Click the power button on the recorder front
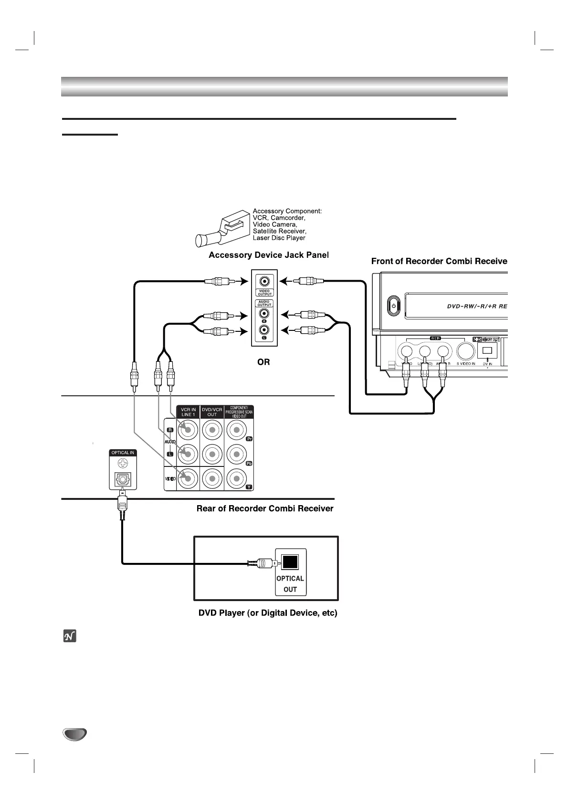(394, 306)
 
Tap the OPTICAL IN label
(123, 453)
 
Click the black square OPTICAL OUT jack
(290, 562)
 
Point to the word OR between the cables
(263, 362)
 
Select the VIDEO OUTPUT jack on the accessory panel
(264, 282)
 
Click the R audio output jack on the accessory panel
(264, 314)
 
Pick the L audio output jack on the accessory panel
(264, 330)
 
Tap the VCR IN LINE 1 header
(189, 412)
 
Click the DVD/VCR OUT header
(212, 412)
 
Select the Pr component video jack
(236, 431)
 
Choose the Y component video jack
(236, 478)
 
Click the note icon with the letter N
(70, 636)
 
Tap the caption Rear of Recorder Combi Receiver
(265, 508)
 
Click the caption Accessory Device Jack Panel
(269, 255)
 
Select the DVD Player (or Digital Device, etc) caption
(268, 613)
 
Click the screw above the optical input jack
(123, 463)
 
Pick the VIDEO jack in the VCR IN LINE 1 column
(188, 478)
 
